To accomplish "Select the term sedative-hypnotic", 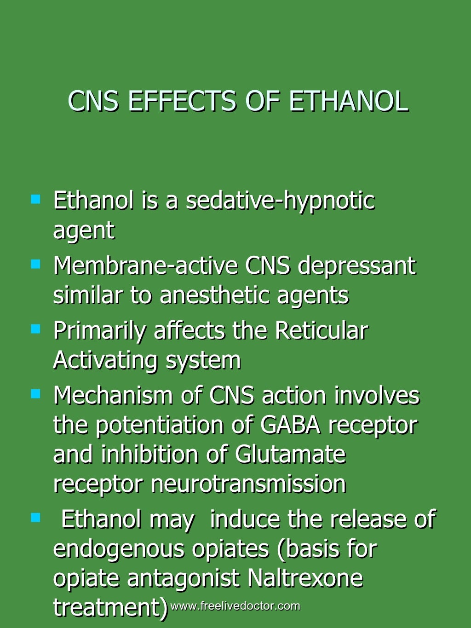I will coord(280,201).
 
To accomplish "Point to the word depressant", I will coord(356,266).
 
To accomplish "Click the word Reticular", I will coord(322,330).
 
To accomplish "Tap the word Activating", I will coord(105,360).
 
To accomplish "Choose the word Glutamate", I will coord(290,455).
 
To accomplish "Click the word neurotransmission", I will coord(248,484).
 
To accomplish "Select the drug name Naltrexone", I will coord(305,578).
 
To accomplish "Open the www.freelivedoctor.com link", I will coord(235,606).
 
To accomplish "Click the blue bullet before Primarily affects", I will coord(35,329).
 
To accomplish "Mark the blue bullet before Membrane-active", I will coord(35,264).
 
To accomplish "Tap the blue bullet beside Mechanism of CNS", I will coord(35,394).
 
